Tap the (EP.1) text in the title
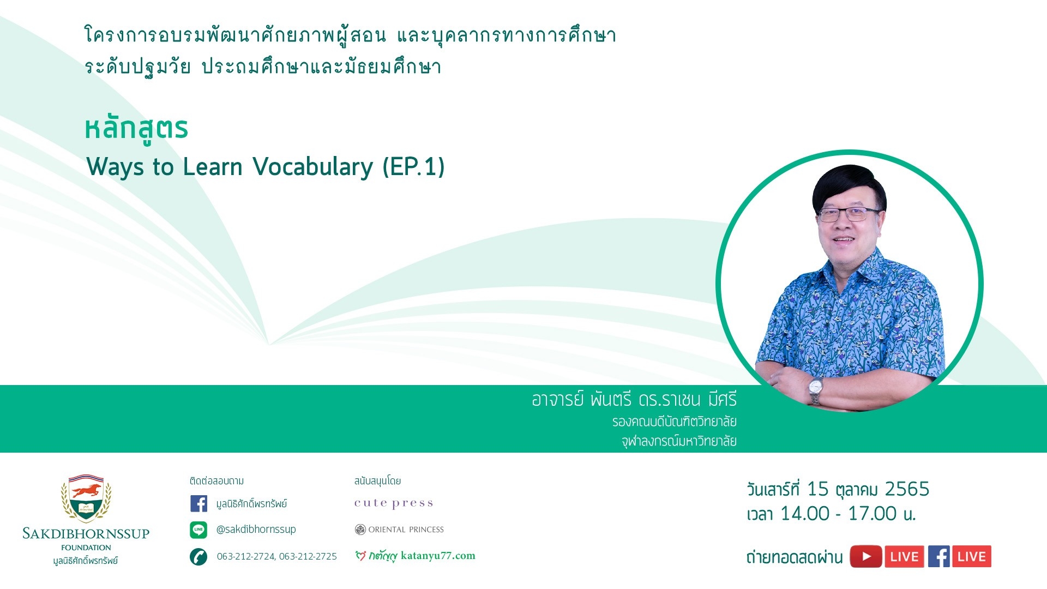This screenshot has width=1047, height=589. coord(413,167)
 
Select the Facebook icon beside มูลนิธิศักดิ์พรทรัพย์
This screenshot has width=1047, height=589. coord(198,503)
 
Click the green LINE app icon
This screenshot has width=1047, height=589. coord(198,530)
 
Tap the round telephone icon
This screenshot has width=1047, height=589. coord(198,556)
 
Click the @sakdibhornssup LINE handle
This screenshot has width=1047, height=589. coord(256,530)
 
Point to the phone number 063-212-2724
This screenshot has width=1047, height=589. coord(245,556)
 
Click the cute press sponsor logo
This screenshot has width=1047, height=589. coord(394,503)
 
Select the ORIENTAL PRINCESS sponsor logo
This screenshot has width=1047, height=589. coord(399,530)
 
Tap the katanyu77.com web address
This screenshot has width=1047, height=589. coord(438,556)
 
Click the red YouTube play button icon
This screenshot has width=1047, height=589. coord(866,557)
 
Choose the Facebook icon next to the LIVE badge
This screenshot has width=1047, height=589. coord(939,557)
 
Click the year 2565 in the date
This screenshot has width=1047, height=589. coord(907,489)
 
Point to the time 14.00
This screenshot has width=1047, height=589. coord(805,514)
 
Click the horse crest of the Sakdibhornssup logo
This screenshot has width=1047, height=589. coord(86,498)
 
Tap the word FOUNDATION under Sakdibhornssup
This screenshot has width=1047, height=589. coord(86,548)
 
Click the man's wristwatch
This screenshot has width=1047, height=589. coord(815,390)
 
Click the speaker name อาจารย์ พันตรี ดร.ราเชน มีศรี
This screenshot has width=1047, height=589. coord(634,400)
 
